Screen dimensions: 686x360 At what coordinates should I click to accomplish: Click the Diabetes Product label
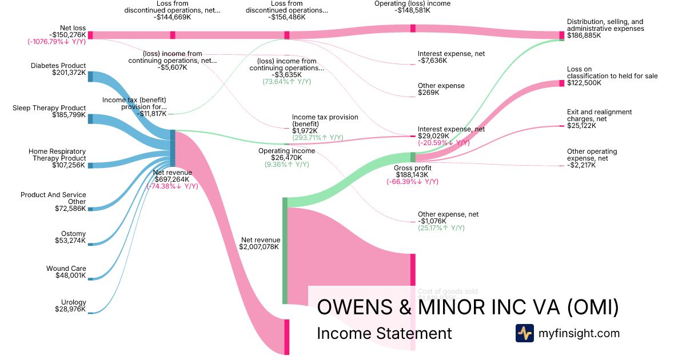(x=58, y=66)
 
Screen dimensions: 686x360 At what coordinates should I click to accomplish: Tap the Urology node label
(x=73, y=302)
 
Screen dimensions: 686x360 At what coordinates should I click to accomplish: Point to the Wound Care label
(x=66, y=269)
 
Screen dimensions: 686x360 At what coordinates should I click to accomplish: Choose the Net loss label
(x=73, y=27)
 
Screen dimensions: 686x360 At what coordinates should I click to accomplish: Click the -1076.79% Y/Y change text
(x=57, y=42)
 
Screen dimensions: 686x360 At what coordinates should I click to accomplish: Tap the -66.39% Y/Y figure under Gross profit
(x=412, y=182)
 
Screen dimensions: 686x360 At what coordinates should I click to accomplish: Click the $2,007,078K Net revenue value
(x=259, y=247)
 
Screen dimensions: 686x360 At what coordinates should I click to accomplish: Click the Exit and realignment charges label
(x=599, y=115)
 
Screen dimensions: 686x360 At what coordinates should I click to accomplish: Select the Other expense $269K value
(x=429, y=93)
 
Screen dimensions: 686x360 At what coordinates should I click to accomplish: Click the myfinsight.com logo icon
(x=524, y=333)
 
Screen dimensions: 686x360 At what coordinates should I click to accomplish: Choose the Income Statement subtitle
(x=384, y=333)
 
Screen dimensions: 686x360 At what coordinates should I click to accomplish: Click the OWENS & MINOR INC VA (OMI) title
(x=468, y=307)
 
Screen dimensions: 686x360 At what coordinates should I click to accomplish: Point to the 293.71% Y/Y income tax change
(x=317, y=138)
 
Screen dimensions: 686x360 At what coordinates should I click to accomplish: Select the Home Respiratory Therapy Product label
(x=57, y=155)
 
